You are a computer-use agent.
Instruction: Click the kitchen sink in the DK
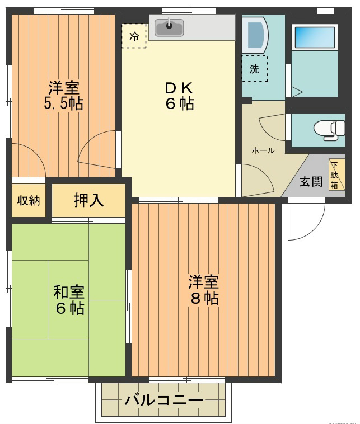[169, 27]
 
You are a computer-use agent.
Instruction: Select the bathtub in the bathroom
[313, 38]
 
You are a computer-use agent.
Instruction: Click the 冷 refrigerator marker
[134, 36]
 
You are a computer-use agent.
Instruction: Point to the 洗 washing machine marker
[255, 69]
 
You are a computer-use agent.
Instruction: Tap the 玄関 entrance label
[311, 182]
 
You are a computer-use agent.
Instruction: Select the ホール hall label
[263, 150]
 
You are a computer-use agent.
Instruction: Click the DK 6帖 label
[179, 96]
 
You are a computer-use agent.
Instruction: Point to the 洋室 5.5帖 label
[63, 96]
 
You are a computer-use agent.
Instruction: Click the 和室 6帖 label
[69, 300]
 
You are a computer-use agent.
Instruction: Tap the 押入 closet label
[88, 201]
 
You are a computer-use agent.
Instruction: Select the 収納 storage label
[28, 201]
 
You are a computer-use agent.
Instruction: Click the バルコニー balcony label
[163, 401]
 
